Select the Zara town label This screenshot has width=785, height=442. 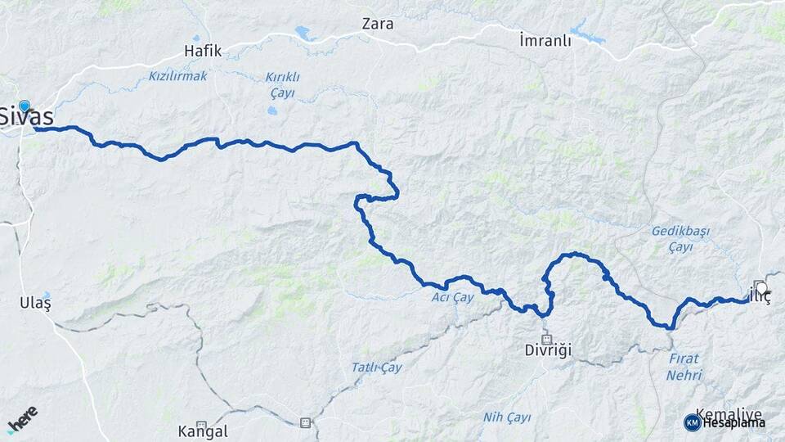378,24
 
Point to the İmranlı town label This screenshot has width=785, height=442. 545,41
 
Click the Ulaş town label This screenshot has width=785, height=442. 35,303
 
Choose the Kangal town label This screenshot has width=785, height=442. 203,431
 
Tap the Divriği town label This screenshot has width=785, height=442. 548,350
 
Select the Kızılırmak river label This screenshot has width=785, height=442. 178,76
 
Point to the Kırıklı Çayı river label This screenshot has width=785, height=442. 282,84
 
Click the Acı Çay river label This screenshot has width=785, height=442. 453,297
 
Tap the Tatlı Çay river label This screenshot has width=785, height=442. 377,368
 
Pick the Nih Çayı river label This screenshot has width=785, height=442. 507,417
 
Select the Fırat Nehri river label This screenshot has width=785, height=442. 684,367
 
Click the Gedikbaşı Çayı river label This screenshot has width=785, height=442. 678,238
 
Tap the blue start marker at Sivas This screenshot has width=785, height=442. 25,105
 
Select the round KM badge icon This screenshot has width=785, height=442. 692,422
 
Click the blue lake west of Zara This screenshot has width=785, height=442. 304,34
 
